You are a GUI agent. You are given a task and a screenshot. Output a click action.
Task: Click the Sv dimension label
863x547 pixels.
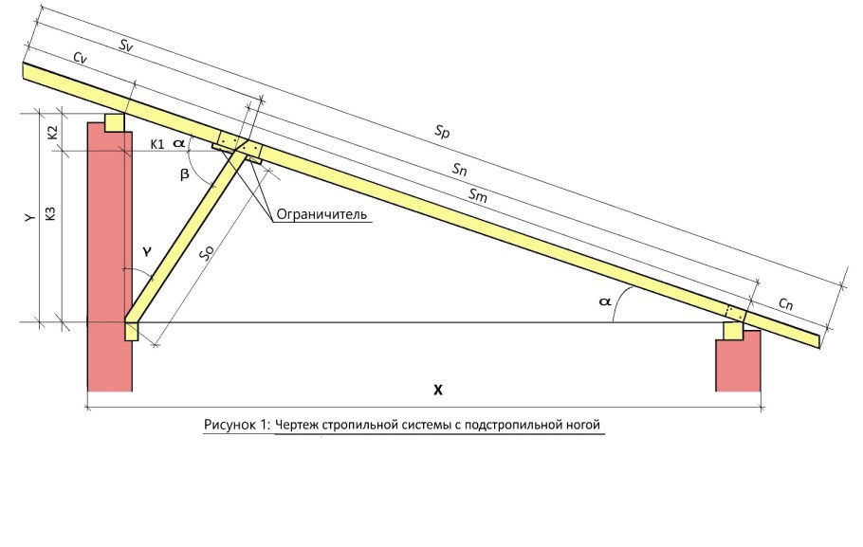click(126, 46)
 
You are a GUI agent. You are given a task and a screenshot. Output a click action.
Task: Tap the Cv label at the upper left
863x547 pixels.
click(81, 59)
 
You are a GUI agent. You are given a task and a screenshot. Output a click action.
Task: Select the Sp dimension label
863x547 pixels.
click(442, 132)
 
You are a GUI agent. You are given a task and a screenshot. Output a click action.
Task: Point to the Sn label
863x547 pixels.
click(460, 170)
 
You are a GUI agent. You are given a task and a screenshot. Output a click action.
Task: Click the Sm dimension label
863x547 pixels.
click(478, 194)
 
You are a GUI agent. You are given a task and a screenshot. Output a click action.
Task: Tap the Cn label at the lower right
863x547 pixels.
click(785, 303)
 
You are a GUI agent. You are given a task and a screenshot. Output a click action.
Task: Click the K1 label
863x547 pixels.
click(157, 145)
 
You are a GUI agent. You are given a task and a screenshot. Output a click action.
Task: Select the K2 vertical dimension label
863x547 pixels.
click(53, 132)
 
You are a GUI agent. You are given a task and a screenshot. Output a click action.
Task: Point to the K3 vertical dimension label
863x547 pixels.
click(51, 213)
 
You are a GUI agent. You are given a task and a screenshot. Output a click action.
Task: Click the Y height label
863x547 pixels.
click(30, 218)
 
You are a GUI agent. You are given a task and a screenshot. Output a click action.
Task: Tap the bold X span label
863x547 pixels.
click(437, 391)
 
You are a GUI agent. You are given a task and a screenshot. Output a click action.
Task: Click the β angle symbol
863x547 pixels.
click(185, 174)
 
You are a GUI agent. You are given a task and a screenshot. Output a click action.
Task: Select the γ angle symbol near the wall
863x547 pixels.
click(146, 251)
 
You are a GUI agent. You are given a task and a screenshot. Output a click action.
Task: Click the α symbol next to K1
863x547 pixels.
click(179, 144)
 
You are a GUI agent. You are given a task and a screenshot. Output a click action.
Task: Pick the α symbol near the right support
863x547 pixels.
click(605, 301)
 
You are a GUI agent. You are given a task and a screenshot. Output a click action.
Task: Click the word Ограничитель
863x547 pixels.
click(321, 213)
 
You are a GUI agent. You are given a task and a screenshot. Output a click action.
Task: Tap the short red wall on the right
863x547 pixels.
click(738, 361)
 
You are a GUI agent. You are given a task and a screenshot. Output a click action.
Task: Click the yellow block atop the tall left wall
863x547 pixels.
click(115, 122)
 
